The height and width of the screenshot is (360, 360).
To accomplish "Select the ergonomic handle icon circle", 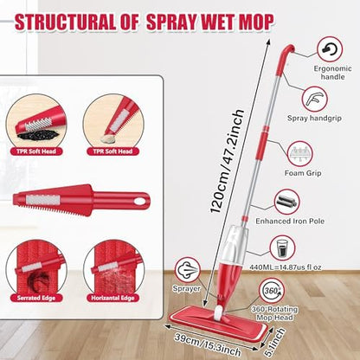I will coord(330,48).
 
